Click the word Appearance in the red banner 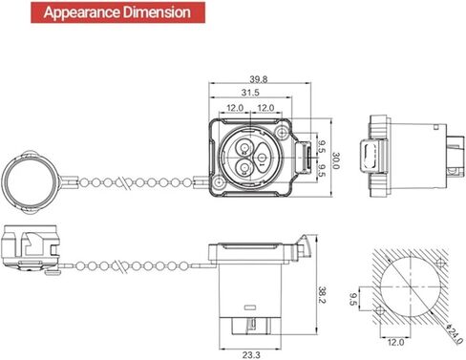[x=82, y=12]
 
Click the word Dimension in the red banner [x=157, y=12]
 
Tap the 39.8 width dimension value [x=259, y=79]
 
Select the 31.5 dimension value [x=250, y=93]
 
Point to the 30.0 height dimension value [x=336, y=160]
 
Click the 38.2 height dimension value [x=322, y=295]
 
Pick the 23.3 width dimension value [x=251, y=354]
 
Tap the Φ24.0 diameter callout [x=455, y=334]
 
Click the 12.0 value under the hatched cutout [x=395, y=343]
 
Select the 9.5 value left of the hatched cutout [x=352, y=299]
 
